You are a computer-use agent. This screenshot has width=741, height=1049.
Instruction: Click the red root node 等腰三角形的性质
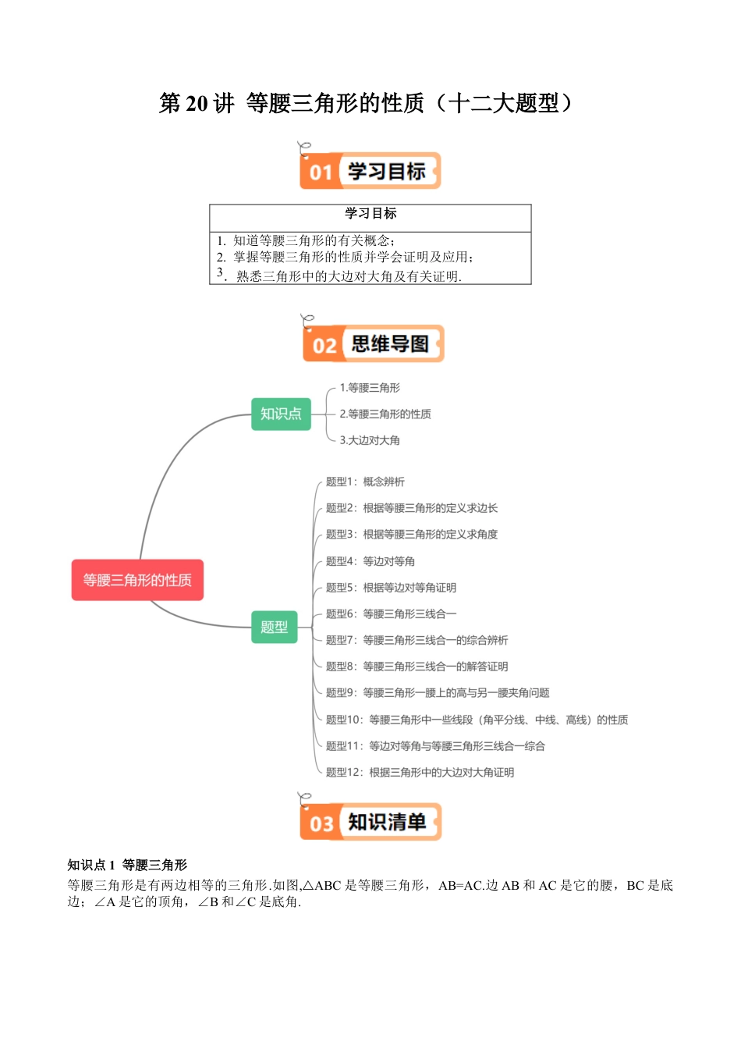point(137,580)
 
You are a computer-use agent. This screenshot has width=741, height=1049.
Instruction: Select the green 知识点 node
point(281,414)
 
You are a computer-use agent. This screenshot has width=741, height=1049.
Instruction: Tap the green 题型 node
point(275,627)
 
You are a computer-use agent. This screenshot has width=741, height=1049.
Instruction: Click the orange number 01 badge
point(321,172)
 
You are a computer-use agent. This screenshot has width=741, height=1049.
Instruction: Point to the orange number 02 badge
point(324,345)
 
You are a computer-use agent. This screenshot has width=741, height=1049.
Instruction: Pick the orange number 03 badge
point(321,823)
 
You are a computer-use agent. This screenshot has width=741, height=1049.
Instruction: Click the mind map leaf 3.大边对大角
point(370,440)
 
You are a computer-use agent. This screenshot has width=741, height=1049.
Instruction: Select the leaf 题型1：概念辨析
point(365,482)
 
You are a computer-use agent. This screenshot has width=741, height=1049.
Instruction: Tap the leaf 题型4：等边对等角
point(370,561)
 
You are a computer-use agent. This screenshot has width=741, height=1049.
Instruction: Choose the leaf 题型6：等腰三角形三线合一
point(391,613)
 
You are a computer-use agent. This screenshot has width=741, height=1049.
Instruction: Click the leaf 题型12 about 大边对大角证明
point(420,772)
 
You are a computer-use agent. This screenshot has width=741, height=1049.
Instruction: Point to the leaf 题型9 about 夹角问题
point(438,692)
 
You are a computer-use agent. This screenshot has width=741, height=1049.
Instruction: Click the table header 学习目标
point(370,213)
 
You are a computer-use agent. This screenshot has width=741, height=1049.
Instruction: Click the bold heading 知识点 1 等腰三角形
point(127,865)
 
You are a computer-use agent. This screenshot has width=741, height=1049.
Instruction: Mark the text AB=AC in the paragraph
point(460,885)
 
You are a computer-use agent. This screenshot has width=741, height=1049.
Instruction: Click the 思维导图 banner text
point(390,344)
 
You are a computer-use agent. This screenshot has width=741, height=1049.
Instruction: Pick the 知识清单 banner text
point(387,822)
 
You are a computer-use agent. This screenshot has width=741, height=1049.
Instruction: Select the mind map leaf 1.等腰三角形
point(370,388)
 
